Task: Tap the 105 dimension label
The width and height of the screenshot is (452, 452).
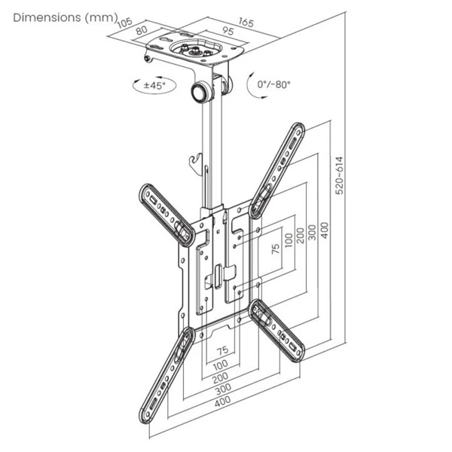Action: pyautogui.click(x=126, y=26)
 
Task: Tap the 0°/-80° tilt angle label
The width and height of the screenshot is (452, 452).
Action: pyautogui.click(x=272, y=84)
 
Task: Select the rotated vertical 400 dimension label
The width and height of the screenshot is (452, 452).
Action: pyautogui.click(x=325, y=230)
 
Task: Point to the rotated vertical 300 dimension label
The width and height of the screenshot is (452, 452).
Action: pyautogui.click(x=311, y=230)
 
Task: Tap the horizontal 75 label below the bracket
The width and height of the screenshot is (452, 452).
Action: pyautogui.click(x=222, y=350)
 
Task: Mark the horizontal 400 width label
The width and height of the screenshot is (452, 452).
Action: pyautogui.click(x=222, y=403)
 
